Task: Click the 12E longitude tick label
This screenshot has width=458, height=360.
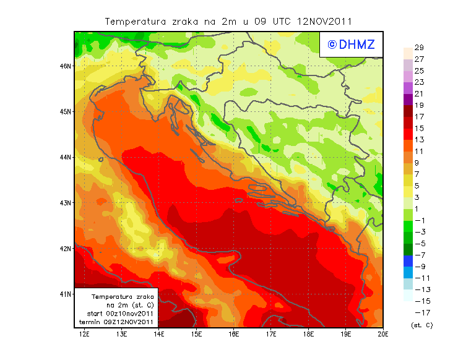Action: pyautogui.click(x=85, y=335)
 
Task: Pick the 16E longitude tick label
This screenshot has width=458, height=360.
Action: pyautogui.click(x=234, y=335)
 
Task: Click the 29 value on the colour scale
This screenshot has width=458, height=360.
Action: pyautogui.click(x=419, y=48)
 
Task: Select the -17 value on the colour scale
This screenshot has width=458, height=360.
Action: pyautogui.click(x=420, y=312)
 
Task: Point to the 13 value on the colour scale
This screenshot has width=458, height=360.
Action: pyautogui.click(x=419, y=140)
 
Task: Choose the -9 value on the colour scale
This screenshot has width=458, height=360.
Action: pyautogui.click(x=420, y=267)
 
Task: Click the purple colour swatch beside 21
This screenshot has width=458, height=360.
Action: pyautogui.click(x=407, y=99)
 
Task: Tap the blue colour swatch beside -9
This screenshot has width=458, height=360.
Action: pyautogui.click(x=407, y=261)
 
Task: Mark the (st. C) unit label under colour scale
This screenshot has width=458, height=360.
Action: pyautogui.click(x=421, y=325)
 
